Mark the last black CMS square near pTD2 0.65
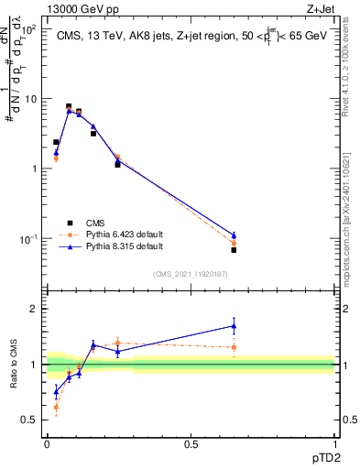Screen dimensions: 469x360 [x=234, y=250]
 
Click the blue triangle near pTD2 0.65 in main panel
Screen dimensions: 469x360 [x=234, y=235]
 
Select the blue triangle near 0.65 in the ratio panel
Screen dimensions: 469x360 [x=234, y=325]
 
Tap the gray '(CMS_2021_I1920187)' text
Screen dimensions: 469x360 [x=190, y=274]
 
